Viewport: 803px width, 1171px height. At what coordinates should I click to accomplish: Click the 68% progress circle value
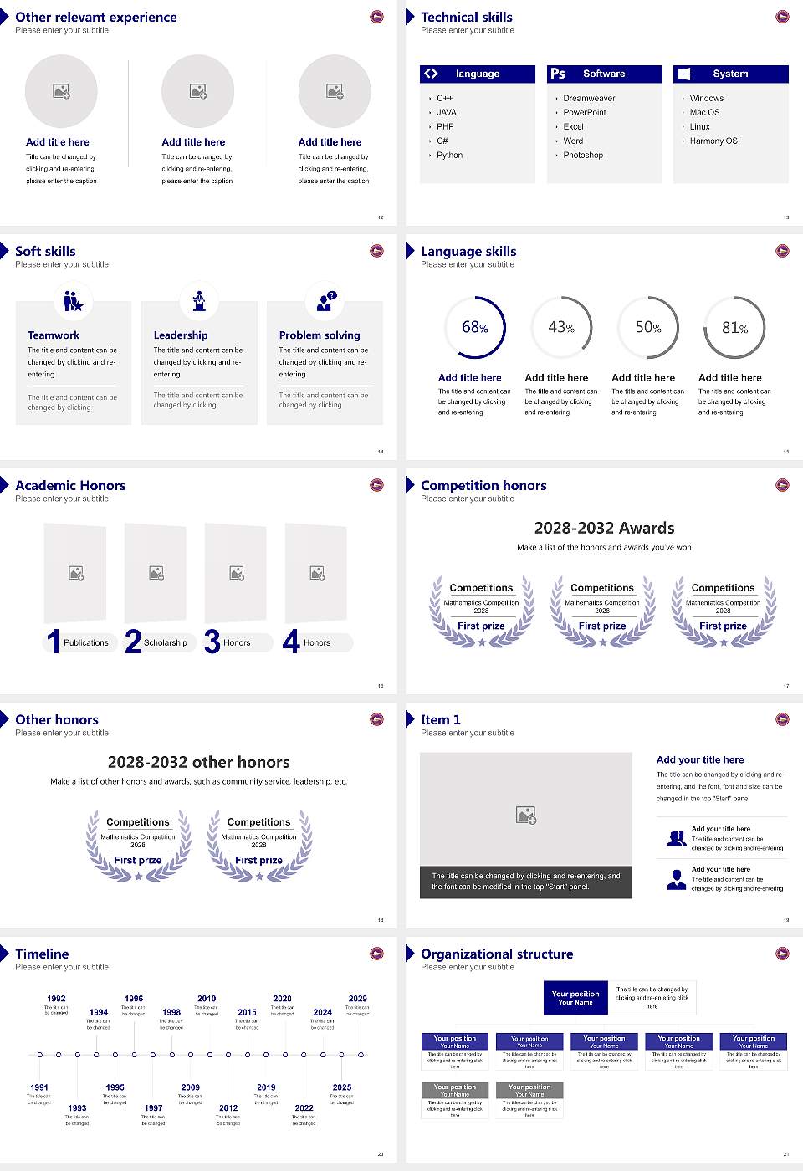click(x=474, y=327)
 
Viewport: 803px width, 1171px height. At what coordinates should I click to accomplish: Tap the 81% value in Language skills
click(x=734, y=328)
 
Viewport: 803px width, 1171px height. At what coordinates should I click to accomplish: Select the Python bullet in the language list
click(x=449, y=156)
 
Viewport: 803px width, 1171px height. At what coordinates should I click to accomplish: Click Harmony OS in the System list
click(x=713, y=141)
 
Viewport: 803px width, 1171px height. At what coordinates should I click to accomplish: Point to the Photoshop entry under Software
click(x=583, y=156)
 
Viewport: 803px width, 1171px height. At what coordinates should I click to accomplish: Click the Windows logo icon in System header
click(x=684, y=74)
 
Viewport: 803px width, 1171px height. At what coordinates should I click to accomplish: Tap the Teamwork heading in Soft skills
click(x=54, y=335)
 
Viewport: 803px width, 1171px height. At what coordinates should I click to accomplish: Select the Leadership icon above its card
click(x=199, y=300)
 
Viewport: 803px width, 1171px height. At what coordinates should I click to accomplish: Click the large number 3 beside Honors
click(x=212, y=642)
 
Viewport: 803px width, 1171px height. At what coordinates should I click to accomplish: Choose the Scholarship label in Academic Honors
click(x=165, y=643)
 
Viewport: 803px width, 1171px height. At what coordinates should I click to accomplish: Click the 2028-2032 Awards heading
click(x=604, y=529)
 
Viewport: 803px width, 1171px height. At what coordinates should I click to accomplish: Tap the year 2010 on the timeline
click(x=207, y=999)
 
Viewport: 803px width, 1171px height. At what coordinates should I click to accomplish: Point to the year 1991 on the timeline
click(x=39, y=1087)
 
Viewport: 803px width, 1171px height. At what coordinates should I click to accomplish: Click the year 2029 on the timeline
click(x=357, y=999)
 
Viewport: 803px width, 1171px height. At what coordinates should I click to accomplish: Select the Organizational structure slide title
click(x=497, y=954)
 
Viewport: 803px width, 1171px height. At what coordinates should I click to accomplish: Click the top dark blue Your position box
click(x=575, y=998)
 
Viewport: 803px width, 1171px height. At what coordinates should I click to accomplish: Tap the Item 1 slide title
click(x=440, y=720)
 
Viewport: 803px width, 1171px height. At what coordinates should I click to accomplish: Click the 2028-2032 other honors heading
click(x=198, y=763)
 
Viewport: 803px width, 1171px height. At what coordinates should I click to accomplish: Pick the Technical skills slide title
click(x=466, y=18)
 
